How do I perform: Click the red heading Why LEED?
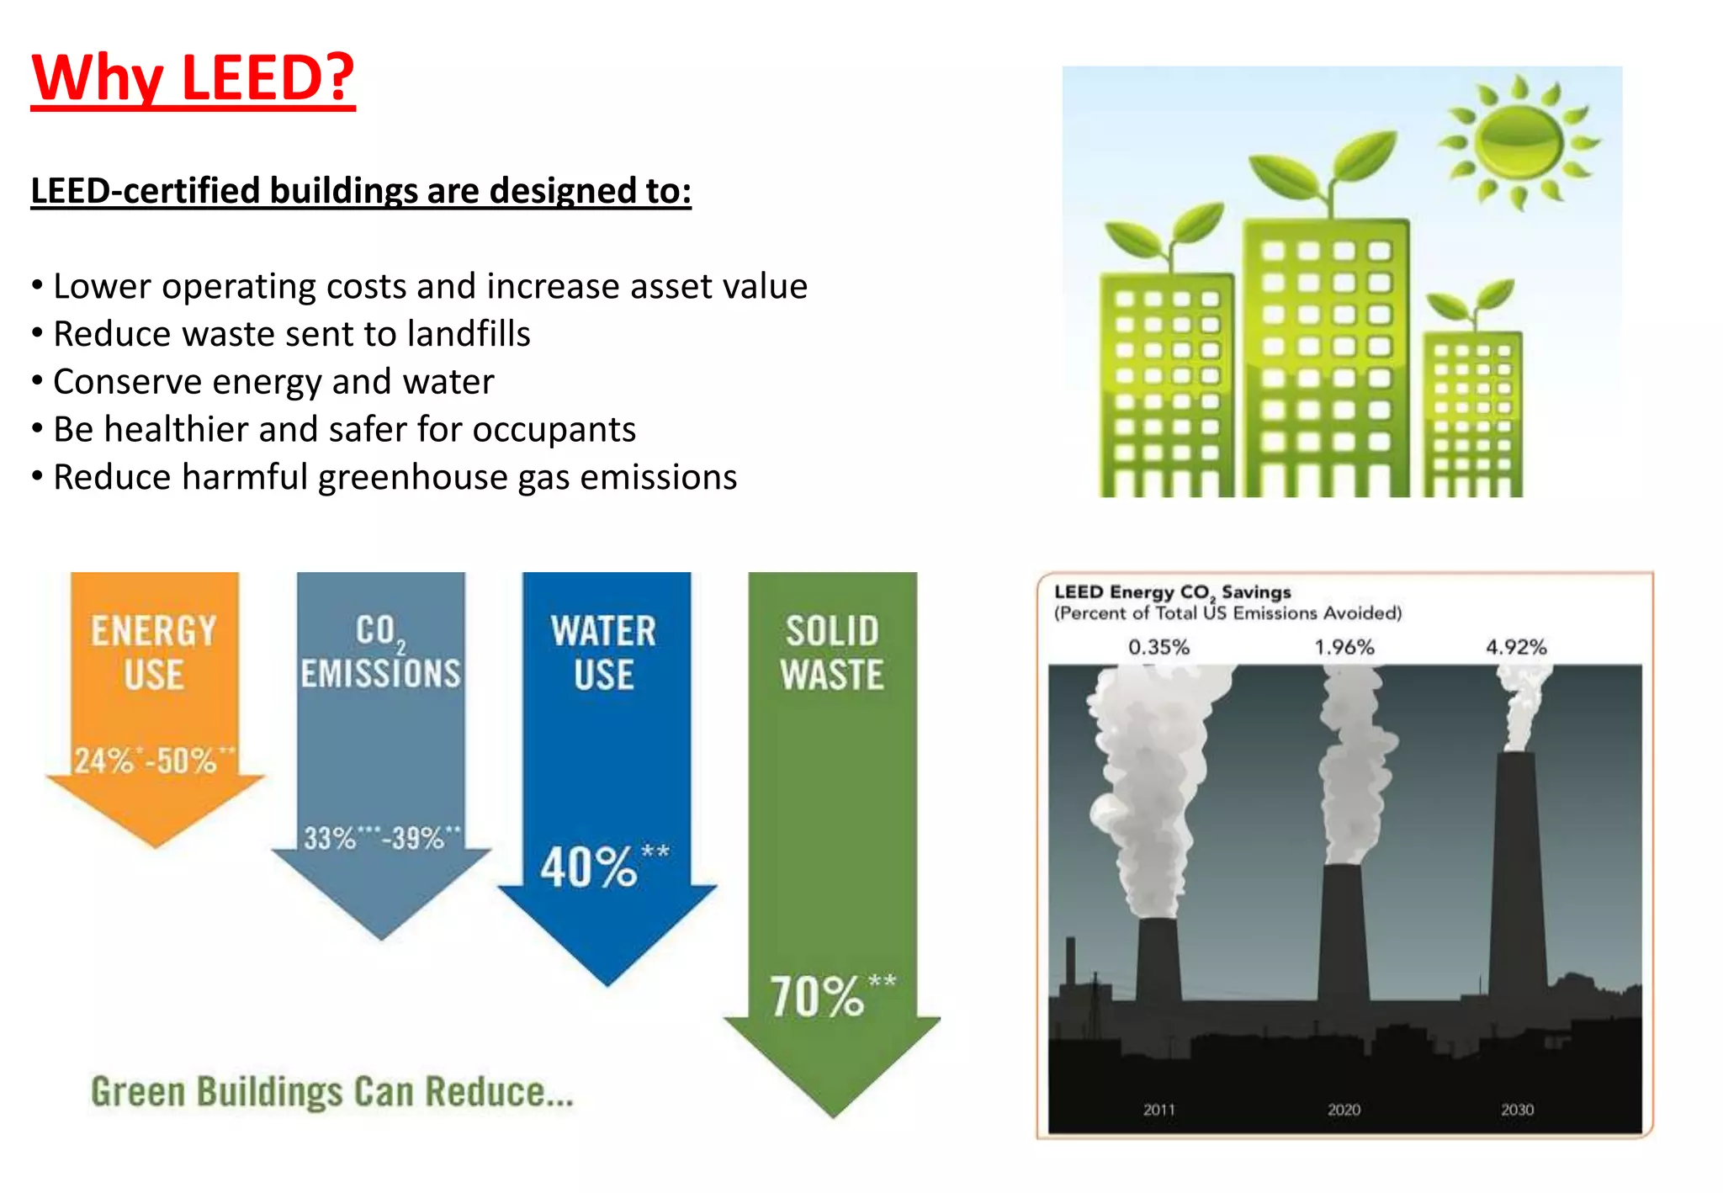pyautogui.click(x=193, y=77)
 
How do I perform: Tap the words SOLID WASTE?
pyautogui.click(x=831, y=653)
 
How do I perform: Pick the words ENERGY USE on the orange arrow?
pyautogui.click(x=154, y=653)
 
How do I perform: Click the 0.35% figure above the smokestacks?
pyautogui.click(x=1158, y=647)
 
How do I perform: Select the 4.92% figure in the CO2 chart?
pyautogui.click(x=1516, y=647)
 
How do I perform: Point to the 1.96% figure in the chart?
pyautogui.click(x=1344, y=647)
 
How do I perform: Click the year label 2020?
pyautogui.click(x=1344, y=1110)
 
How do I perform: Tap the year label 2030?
pyautogui.click(x=1517, y=1110)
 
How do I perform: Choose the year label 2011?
pyautogui.click(x=1158, y=1110)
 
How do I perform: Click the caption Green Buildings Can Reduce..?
pyautogui.click(x=331, y=1092)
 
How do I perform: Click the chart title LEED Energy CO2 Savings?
pyautogui.click(x=1172, y=592)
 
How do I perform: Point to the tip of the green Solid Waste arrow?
pyautogui.click(x=833, y=1116)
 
